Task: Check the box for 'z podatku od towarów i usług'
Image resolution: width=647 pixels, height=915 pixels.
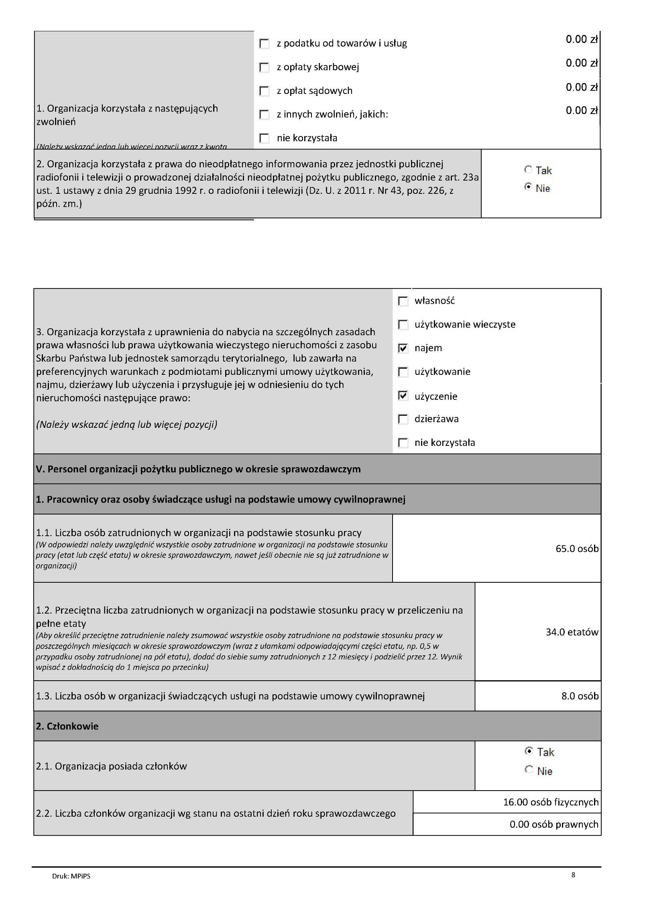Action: point(264,44)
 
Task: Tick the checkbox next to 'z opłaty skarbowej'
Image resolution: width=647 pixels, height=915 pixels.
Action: point(264,67)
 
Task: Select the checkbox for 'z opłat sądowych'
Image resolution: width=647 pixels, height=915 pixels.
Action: point(264,91)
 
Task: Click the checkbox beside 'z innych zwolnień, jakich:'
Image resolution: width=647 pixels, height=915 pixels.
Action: point(264,115)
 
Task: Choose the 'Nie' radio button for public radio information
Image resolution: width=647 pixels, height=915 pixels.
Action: point(528,187)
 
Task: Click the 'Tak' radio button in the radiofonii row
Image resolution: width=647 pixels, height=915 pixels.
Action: point(528,170)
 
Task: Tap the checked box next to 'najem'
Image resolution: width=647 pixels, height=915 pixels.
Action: point(403,348)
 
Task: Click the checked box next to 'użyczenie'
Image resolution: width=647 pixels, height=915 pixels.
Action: point(403,396)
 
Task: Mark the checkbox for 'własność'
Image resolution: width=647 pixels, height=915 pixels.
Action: point(403,301)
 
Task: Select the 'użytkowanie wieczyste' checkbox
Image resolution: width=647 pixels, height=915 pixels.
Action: point(403,325)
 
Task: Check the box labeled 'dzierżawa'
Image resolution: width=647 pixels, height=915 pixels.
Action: point(403,419)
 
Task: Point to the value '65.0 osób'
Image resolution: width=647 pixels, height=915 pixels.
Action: point(577,549)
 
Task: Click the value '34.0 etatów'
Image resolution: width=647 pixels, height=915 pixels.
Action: point(572,632)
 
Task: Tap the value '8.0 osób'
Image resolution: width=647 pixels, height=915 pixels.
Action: point(580,696)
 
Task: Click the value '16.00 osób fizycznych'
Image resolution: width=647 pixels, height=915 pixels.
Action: point(551,802)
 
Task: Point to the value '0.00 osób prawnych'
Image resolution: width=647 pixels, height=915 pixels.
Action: point(554,824)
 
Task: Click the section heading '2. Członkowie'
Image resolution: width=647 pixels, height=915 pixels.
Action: point(67,726)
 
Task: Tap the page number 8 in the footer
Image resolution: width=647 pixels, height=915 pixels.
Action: point(573,875)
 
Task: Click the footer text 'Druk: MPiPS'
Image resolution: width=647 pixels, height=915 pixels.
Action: point(71,876)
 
